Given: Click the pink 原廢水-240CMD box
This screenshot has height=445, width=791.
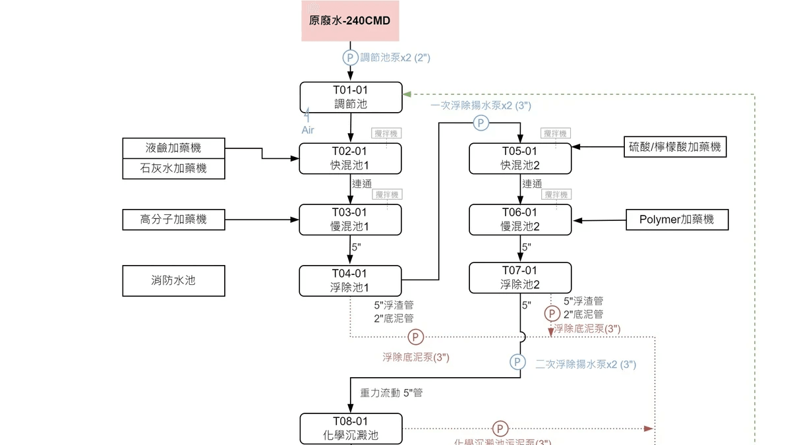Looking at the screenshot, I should pos(350,21).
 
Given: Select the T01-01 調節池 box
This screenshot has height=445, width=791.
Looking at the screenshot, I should pos(351,98).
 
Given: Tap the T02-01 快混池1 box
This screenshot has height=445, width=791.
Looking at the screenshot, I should pos(351,159).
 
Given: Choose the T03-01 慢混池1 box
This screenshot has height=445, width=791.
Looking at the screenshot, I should pos(351,220).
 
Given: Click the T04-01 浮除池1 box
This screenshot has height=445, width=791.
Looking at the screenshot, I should pos(351,281).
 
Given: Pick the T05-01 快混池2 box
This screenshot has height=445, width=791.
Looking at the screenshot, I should pos(520,159).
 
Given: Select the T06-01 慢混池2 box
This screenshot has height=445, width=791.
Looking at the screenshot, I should pos(520,220).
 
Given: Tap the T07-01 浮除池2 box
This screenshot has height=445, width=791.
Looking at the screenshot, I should pos(520,278).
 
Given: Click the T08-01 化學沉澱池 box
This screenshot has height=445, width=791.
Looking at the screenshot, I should pos(351,429).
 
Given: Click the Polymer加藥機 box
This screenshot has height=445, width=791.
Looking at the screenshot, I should pos(677,220).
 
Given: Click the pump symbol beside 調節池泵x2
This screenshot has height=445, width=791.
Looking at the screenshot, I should pos(350,57).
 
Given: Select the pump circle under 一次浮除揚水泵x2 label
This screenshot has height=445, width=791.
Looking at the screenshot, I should pos(481,123).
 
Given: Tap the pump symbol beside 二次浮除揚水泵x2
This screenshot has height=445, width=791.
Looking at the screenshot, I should pos(518,362).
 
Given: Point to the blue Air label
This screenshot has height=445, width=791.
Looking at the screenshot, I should pos(308,130).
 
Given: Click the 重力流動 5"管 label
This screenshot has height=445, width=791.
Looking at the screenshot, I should pos(392,393).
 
